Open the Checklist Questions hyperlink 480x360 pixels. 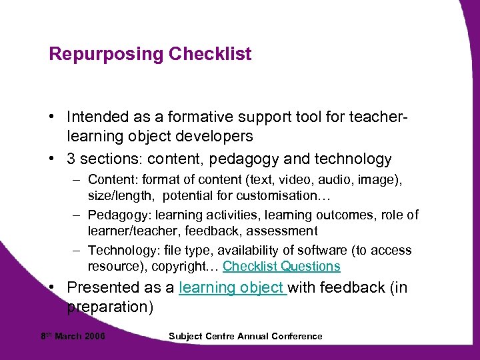pyautogui.click(x=281, y=267)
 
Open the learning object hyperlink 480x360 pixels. pyautogui.click(x=233, y=288)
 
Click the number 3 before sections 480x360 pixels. pyautogui.click(x=72, y=159)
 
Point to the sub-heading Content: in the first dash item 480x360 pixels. pyautogui.click(x=111, y=180)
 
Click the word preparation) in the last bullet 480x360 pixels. pyautogui.click(x=111, y=307)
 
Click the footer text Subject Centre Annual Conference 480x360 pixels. pyautogui.click(x=246, y=336)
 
